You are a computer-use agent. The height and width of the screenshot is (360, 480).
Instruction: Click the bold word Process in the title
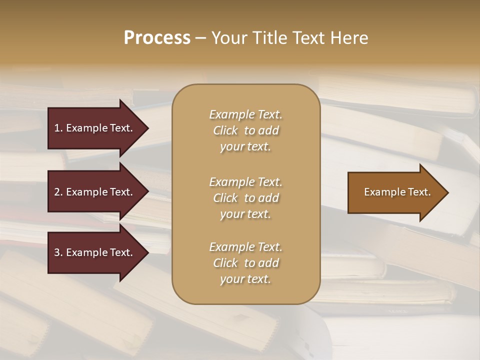pos(157,38)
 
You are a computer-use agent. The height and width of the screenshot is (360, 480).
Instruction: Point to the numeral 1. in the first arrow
pos(58,128)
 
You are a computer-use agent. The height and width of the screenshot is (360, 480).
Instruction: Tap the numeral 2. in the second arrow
pos(58,192)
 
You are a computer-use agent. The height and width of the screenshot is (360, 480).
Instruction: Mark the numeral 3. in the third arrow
pos(58,252)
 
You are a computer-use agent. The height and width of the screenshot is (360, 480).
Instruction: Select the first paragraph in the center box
pos(245,130)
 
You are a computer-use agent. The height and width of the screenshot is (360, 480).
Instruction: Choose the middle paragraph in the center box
pos(245,198)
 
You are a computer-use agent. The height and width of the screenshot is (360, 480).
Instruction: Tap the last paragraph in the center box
pos(245,263)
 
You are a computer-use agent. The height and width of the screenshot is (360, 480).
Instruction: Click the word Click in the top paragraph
pos(225,130)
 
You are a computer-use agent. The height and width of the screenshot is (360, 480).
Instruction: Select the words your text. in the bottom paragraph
pos(245,279)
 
